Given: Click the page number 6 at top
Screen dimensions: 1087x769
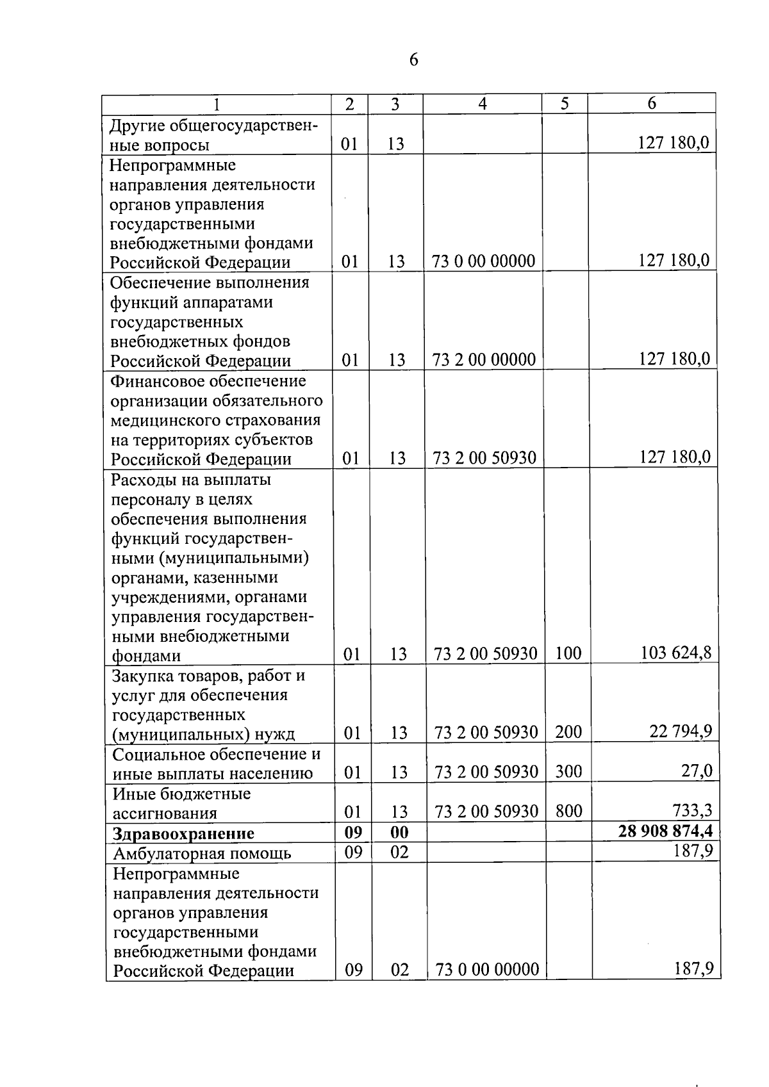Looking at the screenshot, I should point(413,60).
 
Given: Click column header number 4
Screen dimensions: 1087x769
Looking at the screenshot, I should point(482,104).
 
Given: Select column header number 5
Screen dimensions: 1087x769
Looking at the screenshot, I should point(564,104).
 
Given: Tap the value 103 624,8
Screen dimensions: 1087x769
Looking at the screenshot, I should point(676,653).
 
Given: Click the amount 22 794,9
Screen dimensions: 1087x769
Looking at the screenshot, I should point(681,731).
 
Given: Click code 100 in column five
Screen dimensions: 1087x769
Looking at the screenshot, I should point(568,653).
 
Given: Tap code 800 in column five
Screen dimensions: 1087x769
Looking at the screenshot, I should point(568,812).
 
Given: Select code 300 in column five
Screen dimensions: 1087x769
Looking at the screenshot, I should point(568,771).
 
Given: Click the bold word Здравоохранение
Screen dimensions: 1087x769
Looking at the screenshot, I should point(183,833).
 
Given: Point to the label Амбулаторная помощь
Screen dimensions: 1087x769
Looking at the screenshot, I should point(202,853).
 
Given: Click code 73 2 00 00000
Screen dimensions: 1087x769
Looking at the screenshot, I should point(484,360).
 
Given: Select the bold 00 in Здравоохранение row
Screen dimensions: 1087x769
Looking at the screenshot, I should point(399,833).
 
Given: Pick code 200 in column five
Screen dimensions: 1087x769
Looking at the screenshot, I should point(568,731).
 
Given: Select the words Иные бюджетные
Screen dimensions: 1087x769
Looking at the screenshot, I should point(181,794).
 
